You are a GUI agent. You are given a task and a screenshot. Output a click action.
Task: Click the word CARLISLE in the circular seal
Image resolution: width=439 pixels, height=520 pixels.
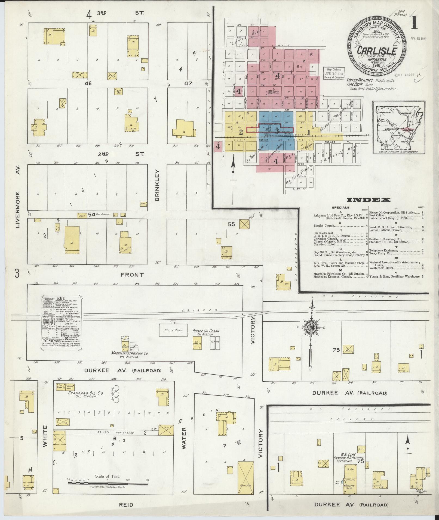(x=376, y=51)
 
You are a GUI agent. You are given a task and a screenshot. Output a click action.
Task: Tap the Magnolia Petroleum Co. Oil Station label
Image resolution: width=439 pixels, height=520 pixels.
(x=129, y=355)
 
